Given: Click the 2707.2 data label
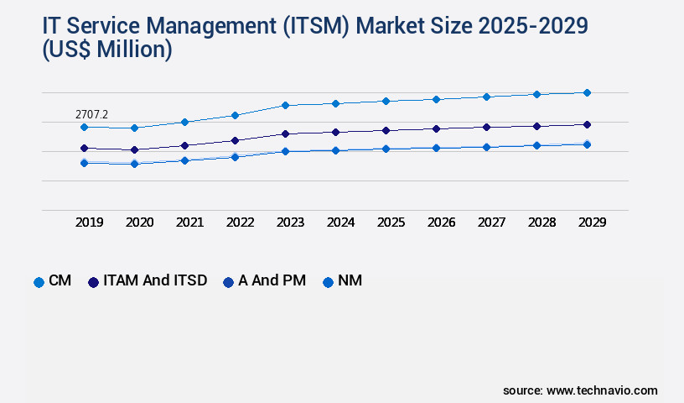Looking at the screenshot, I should point(92,113).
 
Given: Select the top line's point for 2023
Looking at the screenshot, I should point(285,105).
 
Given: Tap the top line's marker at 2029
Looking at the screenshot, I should point(587,92).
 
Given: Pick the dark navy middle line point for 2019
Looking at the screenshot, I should point(84,148).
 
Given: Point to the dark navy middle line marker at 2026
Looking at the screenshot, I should point(436,128).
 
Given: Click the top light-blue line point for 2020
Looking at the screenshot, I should point(134,128).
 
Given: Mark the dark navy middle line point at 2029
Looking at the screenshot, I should point(587,124).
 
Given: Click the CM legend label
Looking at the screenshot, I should point(60,280).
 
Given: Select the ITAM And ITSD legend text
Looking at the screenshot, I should point(155,280).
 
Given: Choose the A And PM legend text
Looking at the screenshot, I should point(272,280).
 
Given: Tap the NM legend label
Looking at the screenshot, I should point(350,280).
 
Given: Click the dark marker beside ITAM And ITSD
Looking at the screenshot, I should point(93,282).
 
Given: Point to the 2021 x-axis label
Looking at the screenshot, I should point(189,222).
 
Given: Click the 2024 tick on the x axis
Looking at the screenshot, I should point(340,222).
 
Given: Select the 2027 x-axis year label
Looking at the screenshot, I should point(491,222).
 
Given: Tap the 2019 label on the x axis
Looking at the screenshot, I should point(89,222).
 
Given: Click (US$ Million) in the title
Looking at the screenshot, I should point(106,50).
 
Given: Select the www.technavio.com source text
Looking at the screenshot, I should point(602,390).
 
